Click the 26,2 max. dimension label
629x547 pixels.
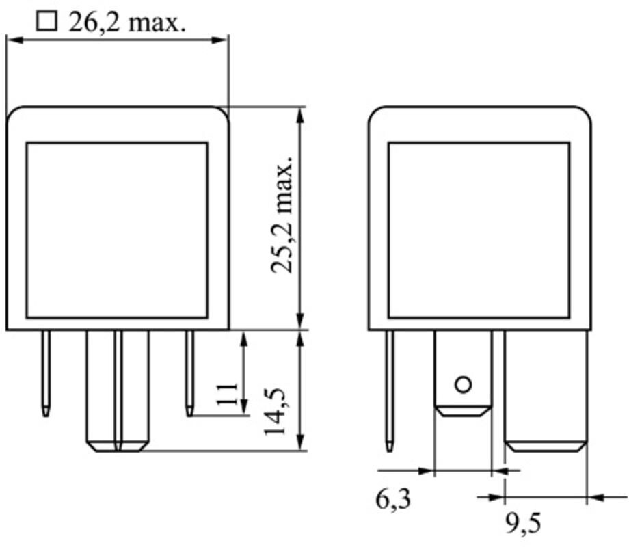pyautogui.click(x=127, y=23)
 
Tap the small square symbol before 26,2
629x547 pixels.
pyautogui.click(x=46, y=22)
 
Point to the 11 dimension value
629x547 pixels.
pyautogui.click(x=227, y=395)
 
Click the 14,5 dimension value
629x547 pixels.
pyautogui.click(x=275, y=412)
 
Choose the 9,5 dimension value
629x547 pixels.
pyautogui.click(x=523, y=523)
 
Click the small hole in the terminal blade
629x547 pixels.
pyautogui.click(x=464, y=385)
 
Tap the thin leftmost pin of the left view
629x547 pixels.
pyautogui.click(x=46, y=373)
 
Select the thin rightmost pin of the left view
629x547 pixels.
pyautogui.click(x=189, y=373)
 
